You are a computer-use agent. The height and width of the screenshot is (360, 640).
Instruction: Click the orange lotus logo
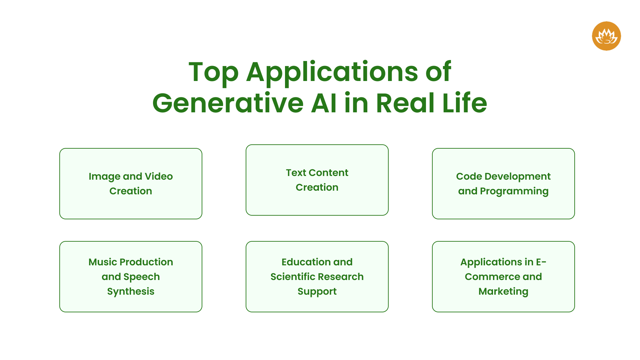(606, 36)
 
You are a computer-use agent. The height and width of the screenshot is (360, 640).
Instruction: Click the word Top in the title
(213, 72)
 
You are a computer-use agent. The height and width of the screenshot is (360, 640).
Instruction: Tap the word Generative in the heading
(228, 103)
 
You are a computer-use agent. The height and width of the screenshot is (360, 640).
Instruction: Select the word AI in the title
(323, 103)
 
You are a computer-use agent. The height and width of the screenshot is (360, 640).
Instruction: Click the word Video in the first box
(159, 176)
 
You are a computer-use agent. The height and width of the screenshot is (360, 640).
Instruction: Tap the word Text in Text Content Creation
(296, 173)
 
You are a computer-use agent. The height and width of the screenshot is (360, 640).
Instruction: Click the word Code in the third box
(469, 176)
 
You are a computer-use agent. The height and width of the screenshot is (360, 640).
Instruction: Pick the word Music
(102, 262)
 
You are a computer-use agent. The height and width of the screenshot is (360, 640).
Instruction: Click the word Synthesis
(131, 292)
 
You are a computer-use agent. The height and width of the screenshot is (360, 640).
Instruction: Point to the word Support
(317, 292)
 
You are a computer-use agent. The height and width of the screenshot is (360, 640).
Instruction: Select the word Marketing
(503, 292)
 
